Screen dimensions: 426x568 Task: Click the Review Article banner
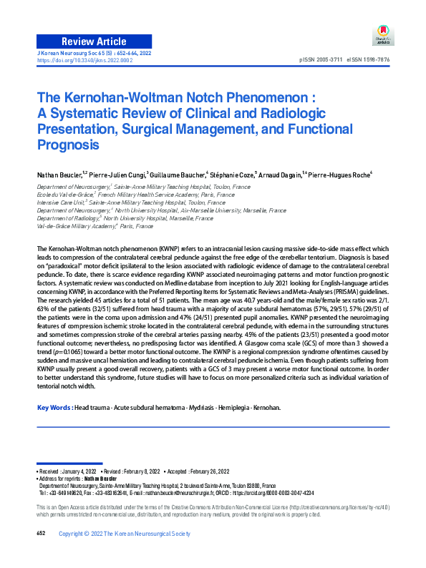pyautogui.click(x=94, y=41)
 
